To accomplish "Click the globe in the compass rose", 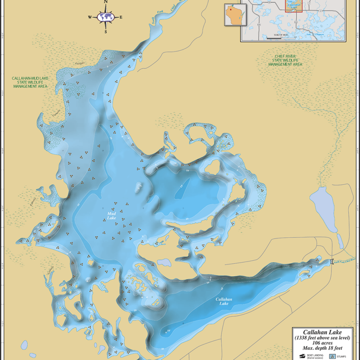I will pos(105,17).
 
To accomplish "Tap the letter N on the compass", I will pos(105,2).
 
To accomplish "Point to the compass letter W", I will pos(90,17).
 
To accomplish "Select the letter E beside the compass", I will pos(121,17).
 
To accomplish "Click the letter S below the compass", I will pos(105,32).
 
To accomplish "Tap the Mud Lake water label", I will pos(111,216).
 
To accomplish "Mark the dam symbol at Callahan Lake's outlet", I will pos(331,261).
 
